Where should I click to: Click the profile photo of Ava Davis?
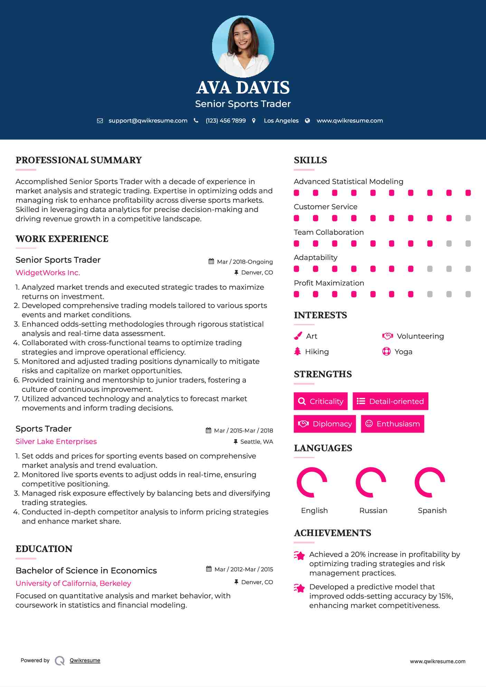(243, 46)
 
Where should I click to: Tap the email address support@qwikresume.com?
(148, 120)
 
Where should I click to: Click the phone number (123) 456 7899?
(226, 120)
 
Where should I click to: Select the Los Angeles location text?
(281, 120)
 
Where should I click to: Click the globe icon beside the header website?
(307, 120)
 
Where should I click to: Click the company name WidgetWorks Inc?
(48, 273)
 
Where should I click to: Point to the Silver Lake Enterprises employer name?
(56, 442)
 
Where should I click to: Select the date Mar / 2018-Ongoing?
(245, 262)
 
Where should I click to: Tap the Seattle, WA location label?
(256, 442)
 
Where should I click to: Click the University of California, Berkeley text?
(73, 583)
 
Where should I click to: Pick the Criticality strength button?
(321, 401)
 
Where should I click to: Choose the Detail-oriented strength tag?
(390, 401)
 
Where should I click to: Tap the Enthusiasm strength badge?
(392, 424)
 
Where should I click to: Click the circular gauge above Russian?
(371, 482)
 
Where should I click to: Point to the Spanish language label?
(432, 511)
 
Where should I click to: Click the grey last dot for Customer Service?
(468, 218)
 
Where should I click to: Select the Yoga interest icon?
(386, 351)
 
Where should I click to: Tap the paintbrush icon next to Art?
(298, 336)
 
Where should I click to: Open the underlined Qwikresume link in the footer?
(85, 660)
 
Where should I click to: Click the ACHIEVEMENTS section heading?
(332, 533)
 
